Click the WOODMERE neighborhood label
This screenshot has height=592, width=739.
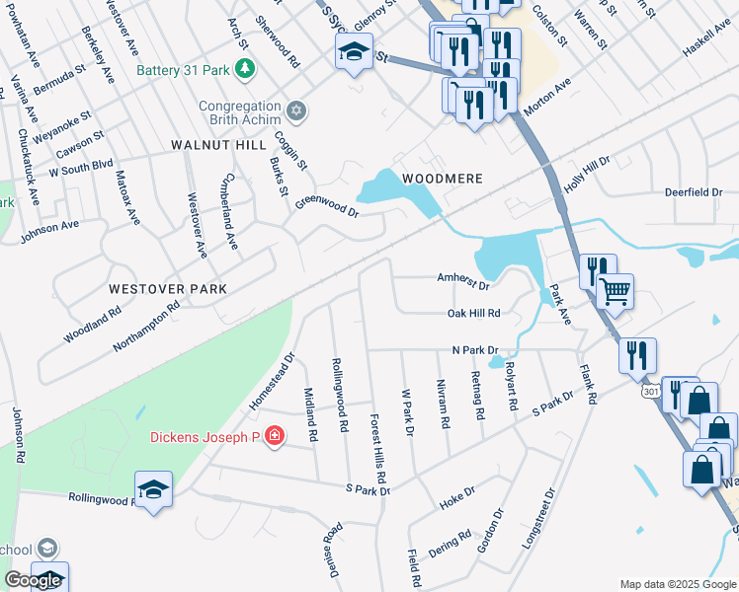442,179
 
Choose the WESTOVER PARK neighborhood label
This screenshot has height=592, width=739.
168,289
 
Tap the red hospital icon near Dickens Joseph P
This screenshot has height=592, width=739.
274,436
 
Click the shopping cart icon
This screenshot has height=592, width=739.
616,291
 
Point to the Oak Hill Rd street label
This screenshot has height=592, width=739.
474,313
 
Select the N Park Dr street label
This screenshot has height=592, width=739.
476,350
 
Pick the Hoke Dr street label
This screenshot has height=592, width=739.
457,496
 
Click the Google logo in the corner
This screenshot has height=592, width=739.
33,580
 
